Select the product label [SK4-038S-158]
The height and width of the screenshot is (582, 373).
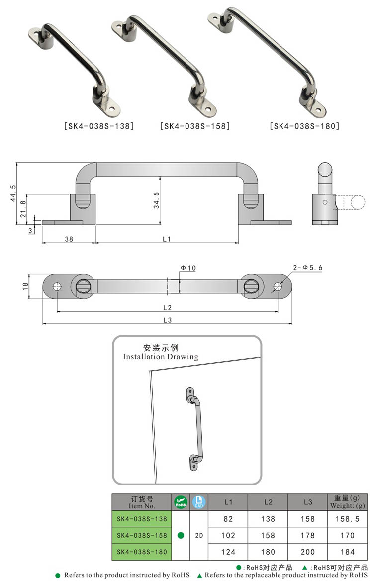coord(195,126)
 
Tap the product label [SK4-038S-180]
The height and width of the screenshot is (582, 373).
coord(304,126)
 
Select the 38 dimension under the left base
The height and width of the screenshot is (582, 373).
coord(69,239)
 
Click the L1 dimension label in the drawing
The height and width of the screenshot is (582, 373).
coord(167,239)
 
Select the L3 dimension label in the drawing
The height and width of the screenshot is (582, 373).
coord(167,320)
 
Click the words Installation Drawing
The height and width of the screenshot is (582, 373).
coord(160,357)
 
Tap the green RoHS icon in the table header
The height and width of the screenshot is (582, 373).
coord(181,502)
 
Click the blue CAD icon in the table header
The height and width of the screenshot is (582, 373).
coord(198,502)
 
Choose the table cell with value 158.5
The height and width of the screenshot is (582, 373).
coord(348,519)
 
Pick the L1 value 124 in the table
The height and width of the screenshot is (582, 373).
coord(228,552)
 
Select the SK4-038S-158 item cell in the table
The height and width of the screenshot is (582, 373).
coord(142,535)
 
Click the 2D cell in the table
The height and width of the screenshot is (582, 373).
coord(198,535)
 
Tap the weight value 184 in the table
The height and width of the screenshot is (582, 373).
coord(348,552)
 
